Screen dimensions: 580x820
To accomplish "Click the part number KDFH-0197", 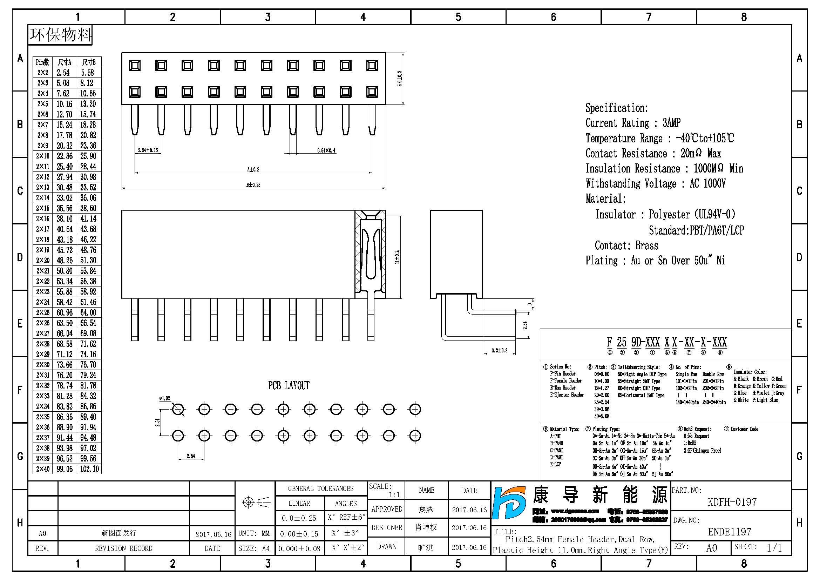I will [732, 502].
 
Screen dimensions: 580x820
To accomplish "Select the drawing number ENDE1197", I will [729, 532].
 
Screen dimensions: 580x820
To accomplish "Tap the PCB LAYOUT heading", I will [289, 386].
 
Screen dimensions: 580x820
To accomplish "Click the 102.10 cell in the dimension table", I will [89, 469].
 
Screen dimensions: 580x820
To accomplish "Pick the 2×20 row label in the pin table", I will [42, 260].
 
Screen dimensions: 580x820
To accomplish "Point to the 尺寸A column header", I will [65, 62].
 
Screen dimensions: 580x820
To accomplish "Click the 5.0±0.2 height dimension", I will [400, 79].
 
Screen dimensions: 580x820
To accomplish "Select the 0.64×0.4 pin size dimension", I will [326, 151].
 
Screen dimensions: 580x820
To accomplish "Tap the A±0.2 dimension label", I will [253, 169].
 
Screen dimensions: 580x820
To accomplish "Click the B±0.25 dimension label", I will [253, 185].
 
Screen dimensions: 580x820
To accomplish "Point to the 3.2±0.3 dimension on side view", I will [499, 350].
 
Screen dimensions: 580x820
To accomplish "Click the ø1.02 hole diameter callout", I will [164, 398].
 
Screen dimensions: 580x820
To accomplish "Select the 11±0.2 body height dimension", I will [397, 257].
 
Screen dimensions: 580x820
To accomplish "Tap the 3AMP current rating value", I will [671, 123].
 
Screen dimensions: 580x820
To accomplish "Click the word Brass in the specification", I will [646, 246].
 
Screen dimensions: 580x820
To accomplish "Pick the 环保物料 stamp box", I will [60, 35].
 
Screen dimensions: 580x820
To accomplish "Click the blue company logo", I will [509, 503].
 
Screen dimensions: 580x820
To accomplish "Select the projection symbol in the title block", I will [256, 503].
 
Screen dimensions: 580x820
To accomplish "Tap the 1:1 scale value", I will [394, 495].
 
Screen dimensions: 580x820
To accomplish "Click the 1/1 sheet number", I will [774, 548].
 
